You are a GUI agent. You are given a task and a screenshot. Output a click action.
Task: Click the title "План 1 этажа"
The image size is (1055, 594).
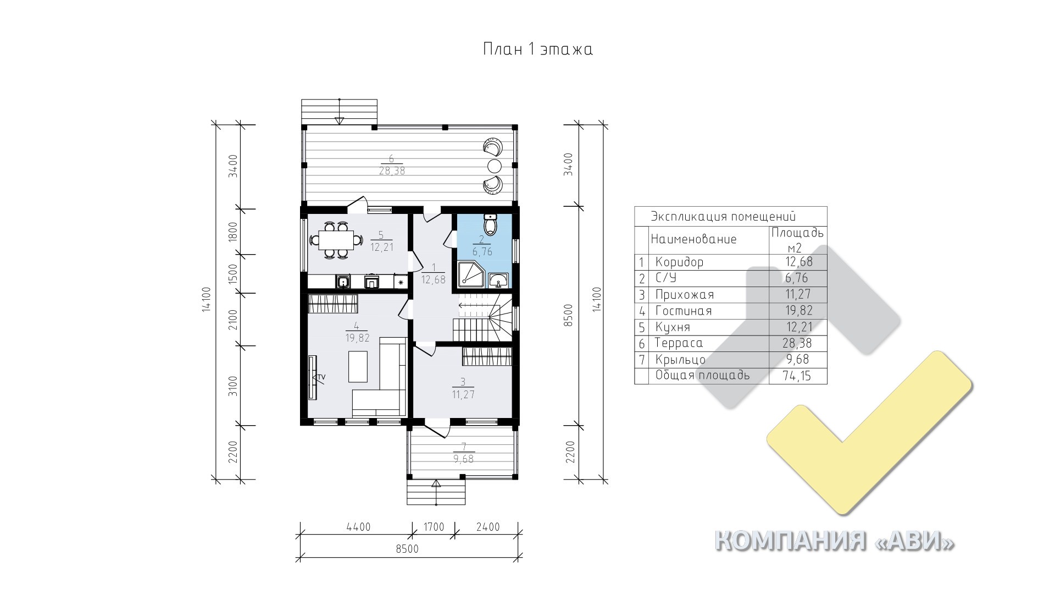coord(538,50)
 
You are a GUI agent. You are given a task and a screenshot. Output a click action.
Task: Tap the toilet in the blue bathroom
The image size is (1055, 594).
coord(490,223)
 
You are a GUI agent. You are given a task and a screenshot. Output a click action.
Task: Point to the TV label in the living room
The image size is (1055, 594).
coord(321,377)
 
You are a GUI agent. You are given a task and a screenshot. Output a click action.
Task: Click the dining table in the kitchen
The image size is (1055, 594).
coord(336,240)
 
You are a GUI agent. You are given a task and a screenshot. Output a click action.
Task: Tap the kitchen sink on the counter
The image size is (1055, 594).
coord(343,282)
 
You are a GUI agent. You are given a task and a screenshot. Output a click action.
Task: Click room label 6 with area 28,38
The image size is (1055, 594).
coord(391,165)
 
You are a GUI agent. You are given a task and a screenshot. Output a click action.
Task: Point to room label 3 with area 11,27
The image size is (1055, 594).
coord(463,388)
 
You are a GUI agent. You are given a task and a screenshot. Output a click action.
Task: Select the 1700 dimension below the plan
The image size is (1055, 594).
coord(434,527)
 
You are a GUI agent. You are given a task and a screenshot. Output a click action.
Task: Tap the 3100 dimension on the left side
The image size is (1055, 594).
coord(232,386)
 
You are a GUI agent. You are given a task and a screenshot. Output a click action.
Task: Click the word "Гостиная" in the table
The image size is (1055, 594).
coord(684,311)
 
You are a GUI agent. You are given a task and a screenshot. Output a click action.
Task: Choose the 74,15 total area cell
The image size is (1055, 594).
coord(797,376)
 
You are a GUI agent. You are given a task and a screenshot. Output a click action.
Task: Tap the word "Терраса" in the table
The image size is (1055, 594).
coord(679,344)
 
